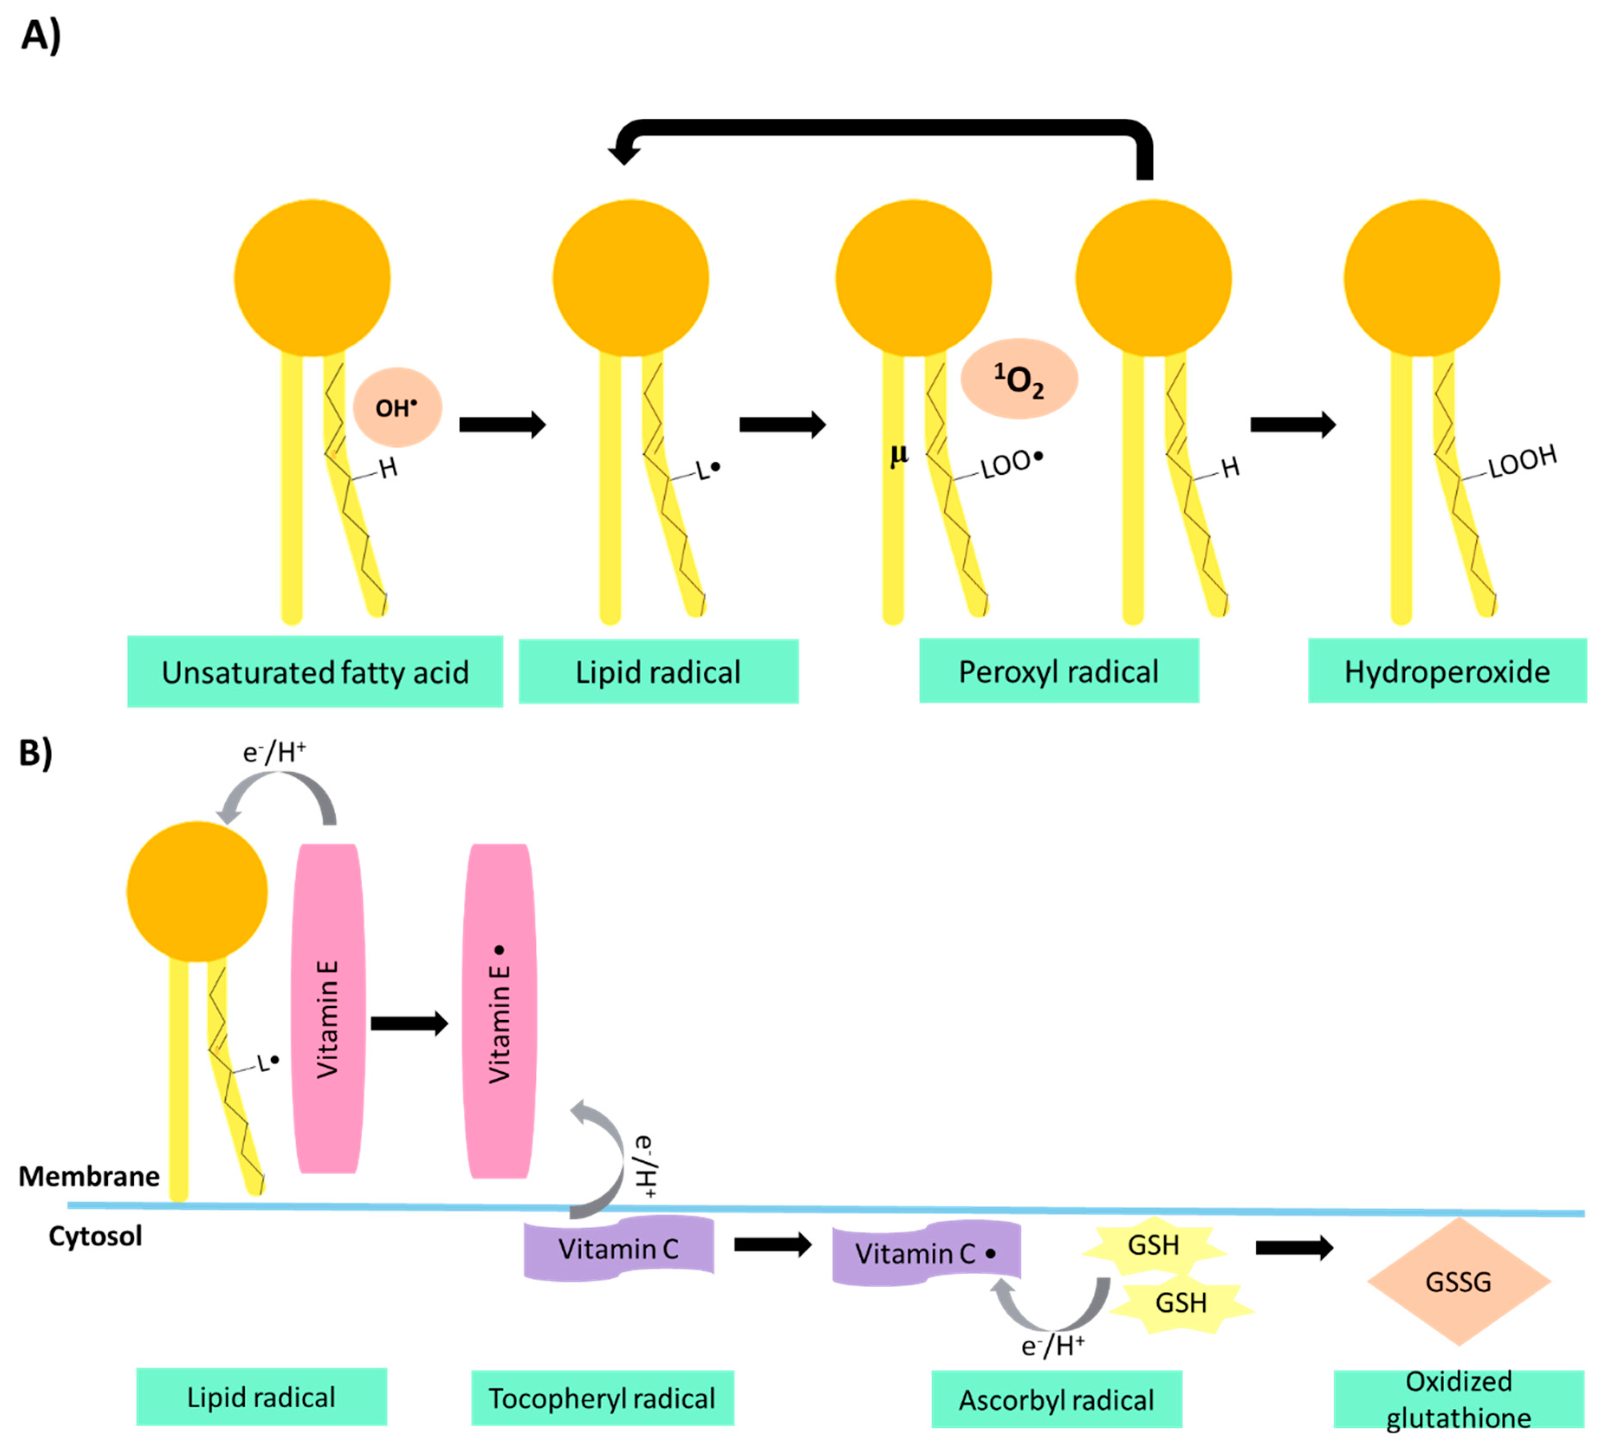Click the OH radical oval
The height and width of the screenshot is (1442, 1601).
(x=397, y=407)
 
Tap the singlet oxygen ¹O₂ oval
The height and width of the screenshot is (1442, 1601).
(x=1019, y=379)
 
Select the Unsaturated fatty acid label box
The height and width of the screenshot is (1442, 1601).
(x=314, y=671)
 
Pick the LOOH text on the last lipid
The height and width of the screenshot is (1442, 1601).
(x=1523, y=463)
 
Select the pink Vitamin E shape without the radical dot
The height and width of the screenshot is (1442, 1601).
(x=328, y=1009)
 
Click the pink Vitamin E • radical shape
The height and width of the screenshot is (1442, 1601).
(x=499, y=1011)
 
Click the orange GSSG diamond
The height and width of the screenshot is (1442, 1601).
(x=1458, y=1281)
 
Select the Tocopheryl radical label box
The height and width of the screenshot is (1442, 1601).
(x=603, y=1398)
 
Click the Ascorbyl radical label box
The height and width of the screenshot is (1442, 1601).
(x=1057, y=1400)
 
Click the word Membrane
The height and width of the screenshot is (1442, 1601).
(x=89, y=1176)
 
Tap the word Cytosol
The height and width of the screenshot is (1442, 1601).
(x=95, y=1236)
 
